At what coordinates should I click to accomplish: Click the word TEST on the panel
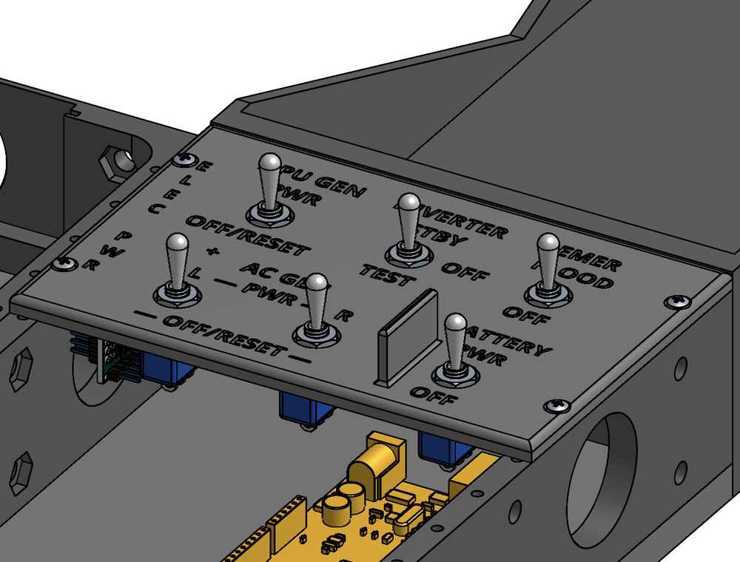click(384, 275)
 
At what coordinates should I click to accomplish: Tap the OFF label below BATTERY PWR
click(434, 397)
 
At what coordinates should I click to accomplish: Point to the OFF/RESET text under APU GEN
click(246, 235)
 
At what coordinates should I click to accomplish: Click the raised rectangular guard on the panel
click(408, 336)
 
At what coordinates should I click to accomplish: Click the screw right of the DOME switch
click(676, 301)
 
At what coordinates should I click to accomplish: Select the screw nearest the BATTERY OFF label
click(556, 405)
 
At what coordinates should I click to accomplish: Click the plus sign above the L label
click(214, 251)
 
